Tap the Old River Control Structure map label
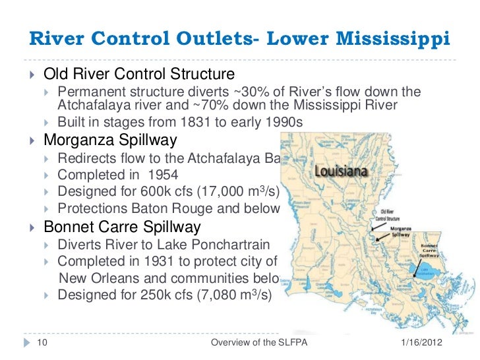[x=387, y=214]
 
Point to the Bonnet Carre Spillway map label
[x=429, y=253]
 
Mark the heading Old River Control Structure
[x=138, y=73]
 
